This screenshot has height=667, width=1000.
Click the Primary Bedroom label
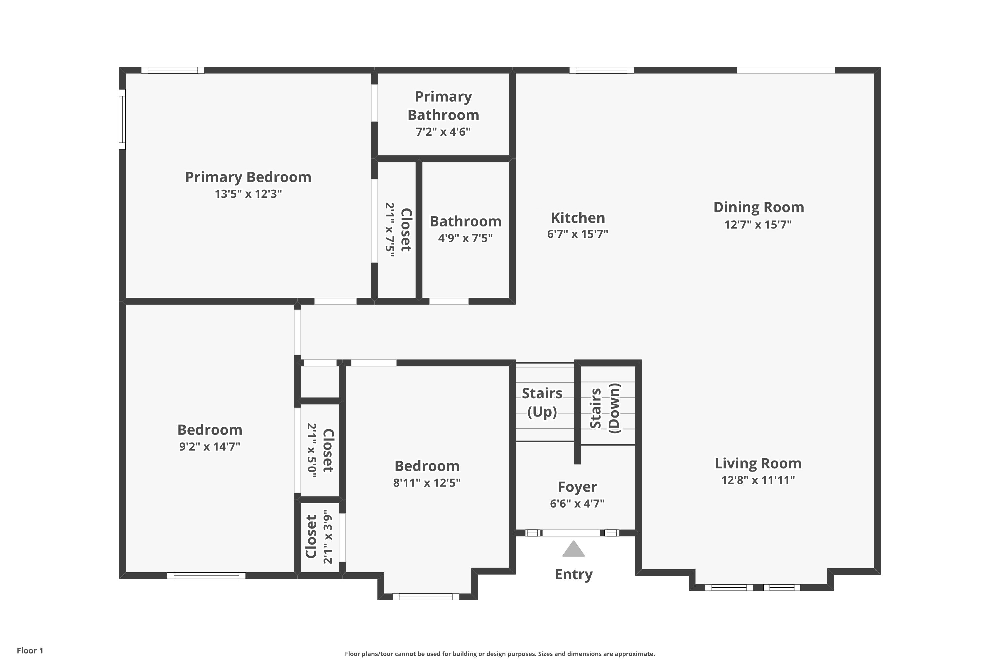point(248,177)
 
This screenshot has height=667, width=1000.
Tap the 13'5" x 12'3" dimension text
point(248,194)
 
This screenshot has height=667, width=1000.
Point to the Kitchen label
point(578,218)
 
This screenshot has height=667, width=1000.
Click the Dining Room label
point(759,207)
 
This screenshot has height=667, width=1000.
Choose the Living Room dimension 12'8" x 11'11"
point(758,480)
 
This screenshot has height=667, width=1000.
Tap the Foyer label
point(577,487)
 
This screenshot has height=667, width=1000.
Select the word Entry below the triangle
point(574,574)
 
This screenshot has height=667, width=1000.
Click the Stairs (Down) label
point(605,408)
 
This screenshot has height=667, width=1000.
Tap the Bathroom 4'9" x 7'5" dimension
point(466,238)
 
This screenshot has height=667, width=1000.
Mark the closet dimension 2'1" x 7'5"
point(390,230)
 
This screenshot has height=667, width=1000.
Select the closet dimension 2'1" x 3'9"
point(327,537)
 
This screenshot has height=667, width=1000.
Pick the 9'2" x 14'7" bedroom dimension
point(210,447)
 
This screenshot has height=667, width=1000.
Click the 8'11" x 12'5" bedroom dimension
point(427,483)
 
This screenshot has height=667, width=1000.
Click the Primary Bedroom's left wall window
point(122,119)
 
